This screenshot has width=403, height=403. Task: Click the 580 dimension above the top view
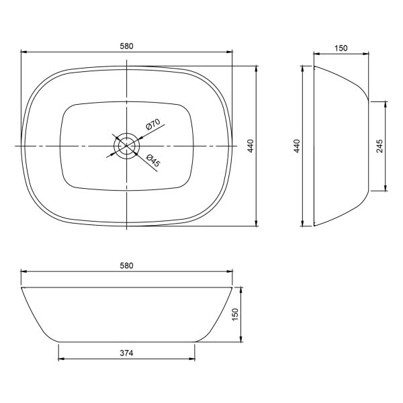pos(127,46)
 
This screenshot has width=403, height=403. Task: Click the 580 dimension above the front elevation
pos(127,265)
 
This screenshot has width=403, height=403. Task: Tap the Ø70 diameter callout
pos(152,124)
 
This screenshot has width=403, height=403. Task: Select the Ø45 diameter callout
pos(153,161)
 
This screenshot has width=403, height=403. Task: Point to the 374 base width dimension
pos(127,353)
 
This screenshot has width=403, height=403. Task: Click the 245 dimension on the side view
pos(379,146)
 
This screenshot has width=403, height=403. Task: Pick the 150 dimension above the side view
pos(341,48)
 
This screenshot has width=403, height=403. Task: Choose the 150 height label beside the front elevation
pos(235,314)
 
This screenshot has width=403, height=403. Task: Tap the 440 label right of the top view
pos(251,146)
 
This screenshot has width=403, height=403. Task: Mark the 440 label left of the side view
pos(297,146)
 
